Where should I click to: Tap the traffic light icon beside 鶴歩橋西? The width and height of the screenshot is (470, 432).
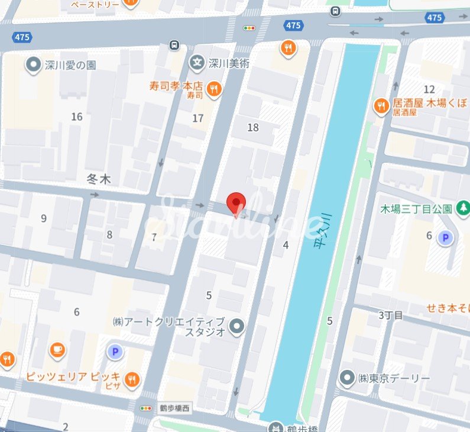point(145,408)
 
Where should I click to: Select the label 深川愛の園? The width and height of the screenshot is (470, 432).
point(70,65)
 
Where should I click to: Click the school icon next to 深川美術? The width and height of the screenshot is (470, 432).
point(197,61)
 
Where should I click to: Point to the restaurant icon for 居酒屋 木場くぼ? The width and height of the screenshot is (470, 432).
point(381,106)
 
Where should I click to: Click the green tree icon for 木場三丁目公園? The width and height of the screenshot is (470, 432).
point(462,208)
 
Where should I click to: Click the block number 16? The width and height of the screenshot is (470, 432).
point(76,117)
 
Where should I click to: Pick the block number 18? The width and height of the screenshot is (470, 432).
point(253,127)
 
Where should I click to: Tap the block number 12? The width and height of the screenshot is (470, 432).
point(429,89)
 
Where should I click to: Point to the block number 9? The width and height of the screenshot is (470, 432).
point(43,218)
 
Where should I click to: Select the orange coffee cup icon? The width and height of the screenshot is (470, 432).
point(57,350)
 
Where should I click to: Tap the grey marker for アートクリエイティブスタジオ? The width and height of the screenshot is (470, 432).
point(237,325)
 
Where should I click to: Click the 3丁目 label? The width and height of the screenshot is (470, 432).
point(390,315)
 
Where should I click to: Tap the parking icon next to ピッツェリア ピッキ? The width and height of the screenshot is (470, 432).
point(114,352)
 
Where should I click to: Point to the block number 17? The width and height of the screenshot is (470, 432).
point(198,118)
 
